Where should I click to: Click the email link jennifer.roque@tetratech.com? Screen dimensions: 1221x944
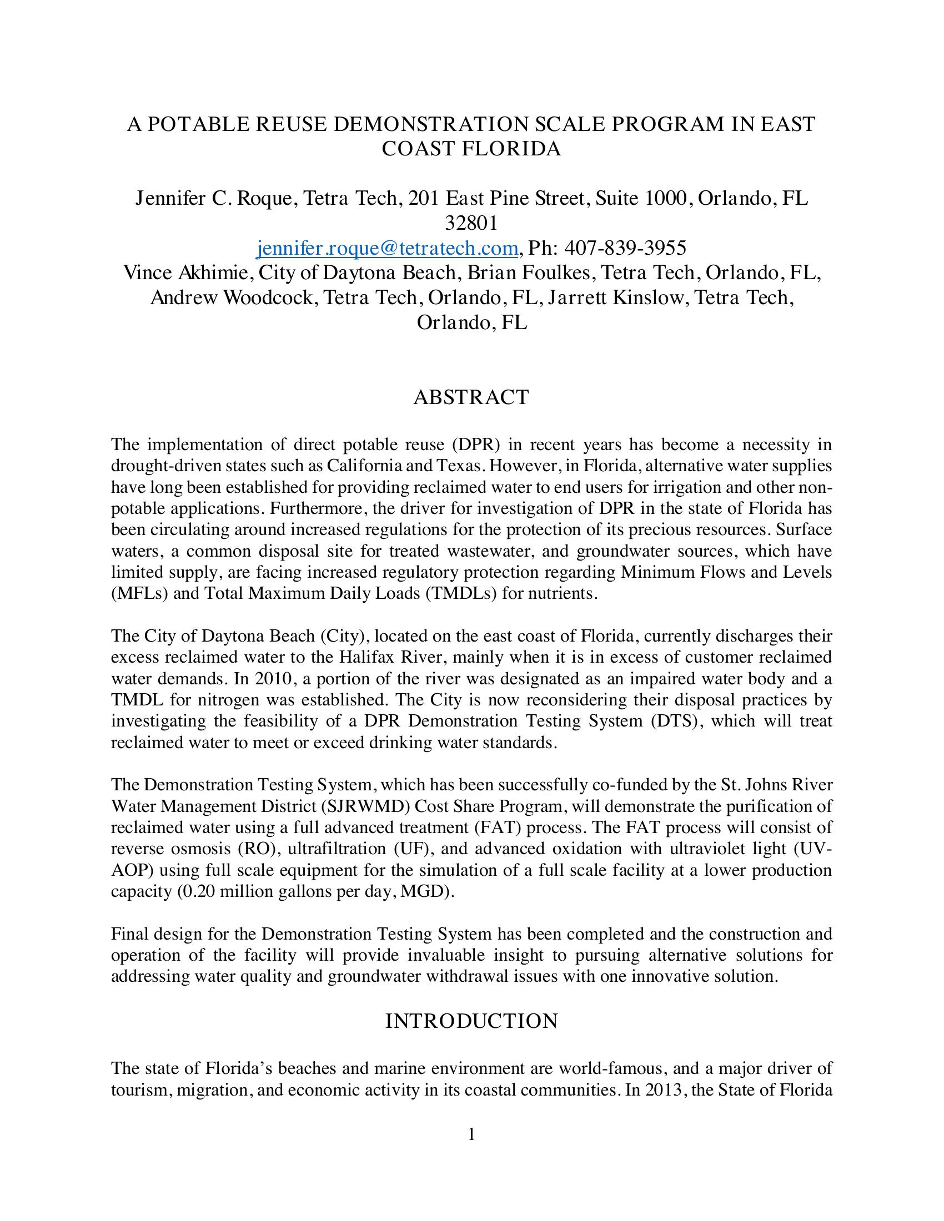[x=386, y=248]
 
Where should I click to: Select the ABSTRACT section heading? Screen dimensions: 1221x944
[x=471, y=397]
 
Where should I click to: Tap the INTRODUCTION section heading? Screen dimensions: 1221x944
[x=471, y=1021]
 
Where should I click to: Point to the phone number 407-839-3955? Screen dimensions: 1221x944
[x=625, y=248]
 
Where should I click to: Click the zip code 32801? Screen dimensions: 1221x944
[x=471, y=223]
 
